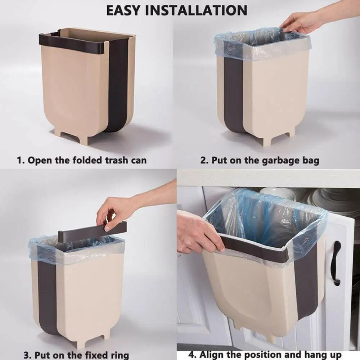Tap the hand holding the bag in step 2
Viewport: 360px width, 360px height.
coord(302,22)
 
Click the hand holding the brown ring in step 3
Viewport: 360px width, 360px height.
coord(115,212)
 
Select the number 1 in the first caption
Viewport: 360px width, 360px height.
coord(20,160)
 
